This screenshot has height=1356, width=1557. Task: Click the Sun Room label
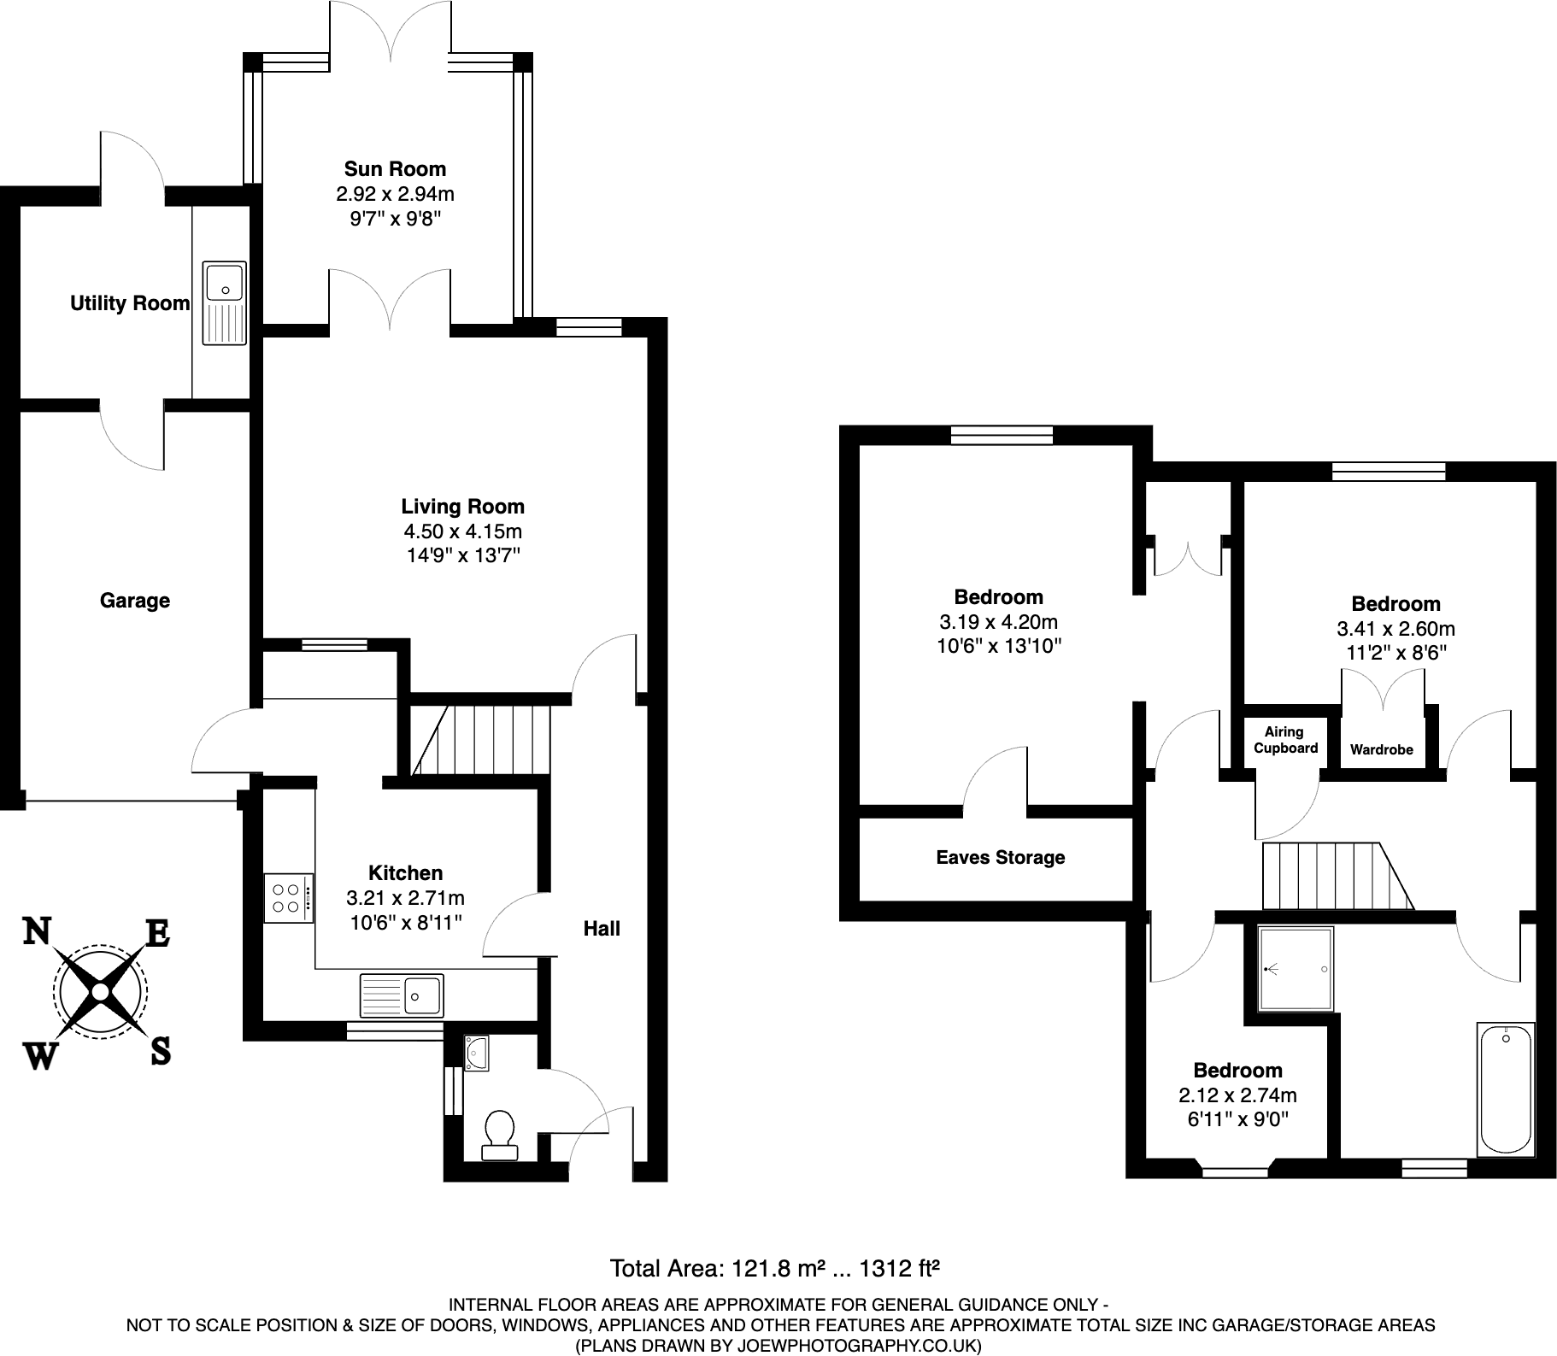pos(395,169)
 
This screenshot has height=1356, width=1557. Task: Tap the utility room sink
pos(225,302)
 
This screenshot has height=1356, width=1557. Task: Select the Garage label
pos(135,601)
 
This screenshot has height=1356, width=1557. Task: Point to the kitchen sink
pos(402,995)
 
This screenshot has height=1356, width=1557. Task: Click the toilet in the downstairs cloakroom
pos(499,1132)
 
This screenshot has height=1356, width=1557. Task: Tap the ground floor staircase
pos(479,739)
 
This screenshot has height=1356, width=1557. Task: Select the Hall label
pos(602,929)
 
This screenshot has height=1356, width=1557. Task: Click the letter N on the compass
pos(36,931)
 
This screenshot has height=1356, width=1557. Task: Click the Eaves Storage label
pos(1000,858)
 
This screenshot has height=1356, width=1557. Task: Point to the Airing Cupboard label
pos(1285,740)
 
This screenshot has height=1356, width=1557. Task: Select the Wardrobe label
pos(1381,750)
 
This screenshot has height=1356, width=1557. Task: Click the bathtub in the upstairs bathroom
pos(1507,1089)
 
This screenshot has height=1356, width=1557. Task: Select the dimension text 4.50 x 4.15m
pos(462,531)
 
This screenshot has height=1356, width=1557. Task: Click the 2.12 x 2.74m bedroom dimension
pos(1237,1095)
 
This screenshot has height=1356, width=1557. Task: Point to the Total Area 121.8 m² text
pos(774,1269)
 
